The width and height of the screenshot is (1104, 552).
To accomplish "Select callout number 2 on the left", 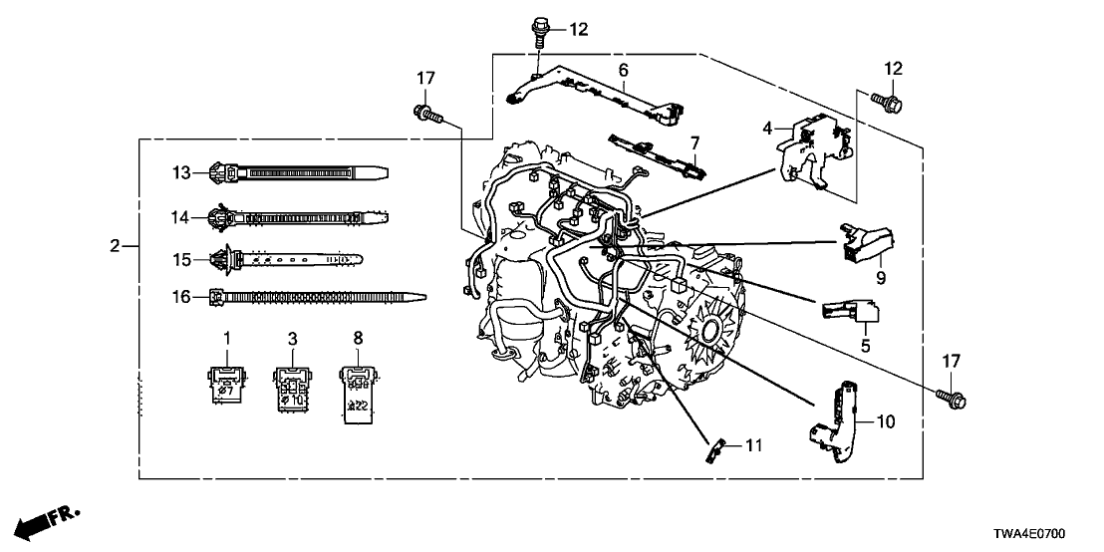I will click(116, 245).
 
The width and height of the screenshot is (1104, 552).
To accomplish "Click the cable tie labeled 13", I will click(299, 173).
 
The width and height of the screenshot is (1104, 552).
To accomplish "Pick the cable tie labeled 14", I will click(299, 216).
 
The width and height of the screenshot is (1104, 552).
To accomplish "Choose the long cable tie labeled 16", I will click(319, 296).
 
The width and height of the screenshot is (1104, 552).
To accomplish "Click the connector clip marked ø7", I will click(226, 381).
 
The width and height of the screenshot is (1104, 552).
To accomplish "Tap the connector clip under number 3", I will click(292, 384).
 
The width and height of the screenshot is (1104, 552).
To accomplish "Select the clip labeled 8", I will click(358, 390).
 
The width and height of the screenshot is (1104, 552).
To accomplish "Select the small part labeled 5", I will click(847, 311).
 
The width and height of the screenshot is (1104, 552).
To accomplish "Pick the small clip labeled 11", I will click(713, 449).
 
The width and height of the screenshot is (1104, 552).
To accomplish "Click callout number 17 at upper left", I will click(426, 77).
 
